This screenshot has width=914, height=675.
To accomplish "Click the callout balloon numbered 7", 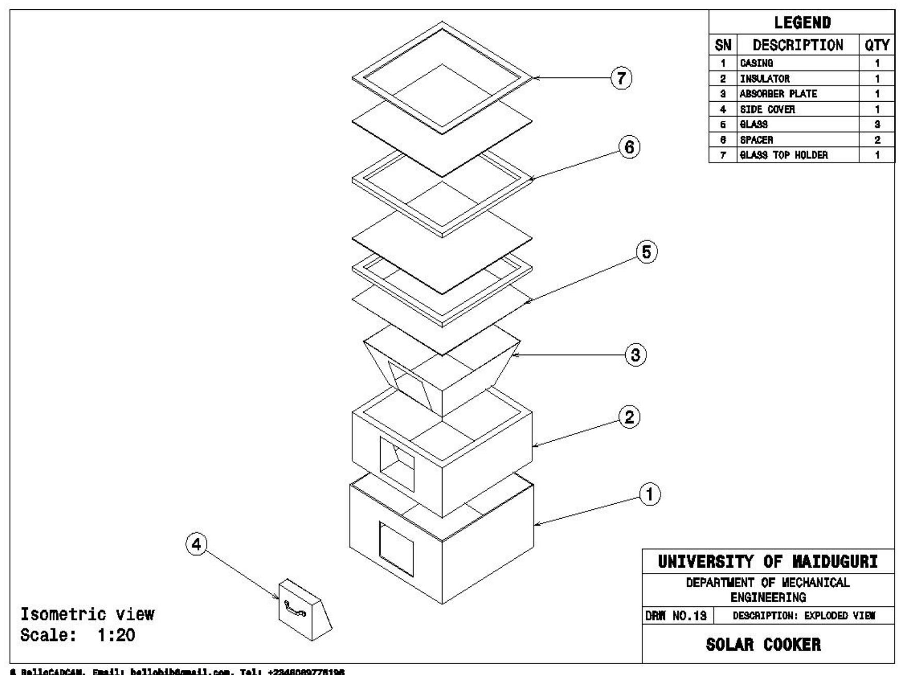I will tap(621, 78).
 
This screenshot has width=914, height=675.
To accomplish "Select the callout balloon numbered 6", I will tap(629, 148).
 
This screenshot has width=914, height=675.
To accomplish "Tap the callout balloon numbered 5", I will tap(647, 252).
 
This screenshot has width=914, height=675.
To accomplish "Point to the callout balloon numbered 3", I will tap(635, 355).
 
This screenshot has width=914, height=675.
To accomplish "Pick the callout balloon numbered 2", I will tap(629, 417).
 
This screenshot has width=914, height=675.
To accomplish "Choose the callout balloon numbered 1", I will tap(650, 494).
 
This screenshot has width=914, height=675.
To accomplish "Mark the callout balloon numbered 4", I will tap(196, 544).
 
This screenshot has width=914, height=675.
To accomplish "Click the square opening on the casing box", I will tap(396, 549).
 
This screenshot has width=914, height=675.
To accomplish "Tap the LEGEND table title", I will tap(802, 23).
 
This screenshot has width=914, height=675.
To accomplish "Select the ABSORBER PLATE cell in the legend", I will tap(778, 94).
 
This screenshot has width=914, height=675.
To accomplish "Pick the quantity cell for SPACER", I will tap(877, 140).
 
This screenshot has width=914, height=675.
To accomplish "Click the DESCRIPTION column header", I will tap(798, 45).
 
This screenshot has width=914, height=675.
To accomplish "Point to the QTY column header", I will tap(877, 45).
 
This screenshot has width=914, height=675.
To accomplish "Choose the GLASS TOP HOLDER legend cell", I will tap(784, 155).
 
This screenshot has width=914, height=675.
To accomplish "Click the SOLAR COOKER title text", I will tap(763, 645).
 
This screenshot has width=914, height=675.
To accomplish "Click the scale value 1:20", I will tap(116, 635).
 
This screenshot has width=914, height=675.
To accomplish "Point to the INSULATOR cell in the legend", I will tap(765, 79).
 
